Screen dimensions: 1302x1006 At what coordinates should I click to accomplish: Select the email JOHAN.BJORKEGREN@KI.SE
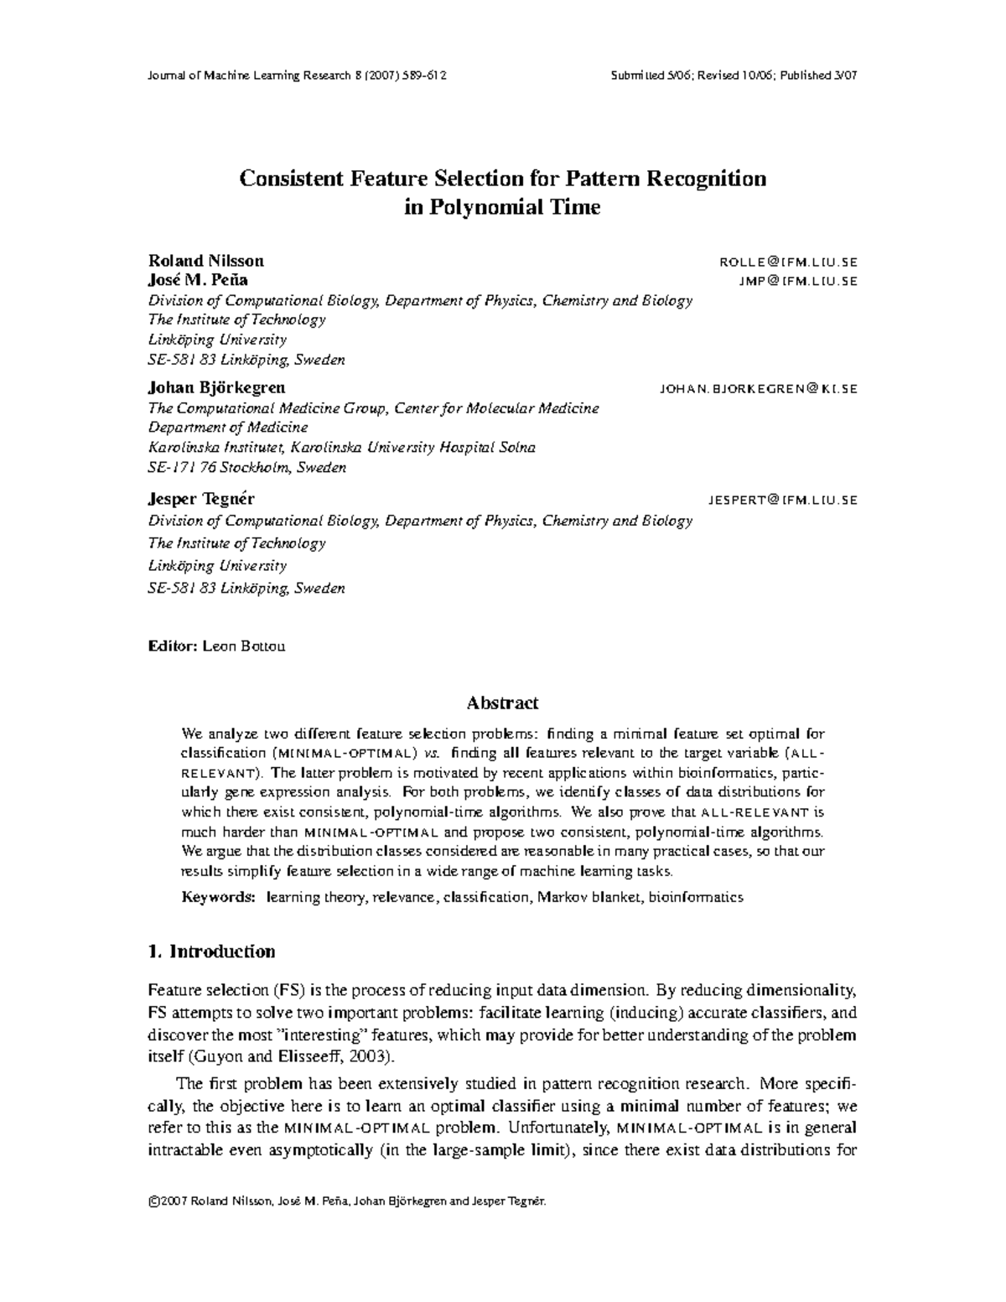pos(758,389)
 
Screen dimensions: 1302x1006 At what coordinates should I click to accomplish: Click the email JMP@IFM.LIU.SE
pos(797,281)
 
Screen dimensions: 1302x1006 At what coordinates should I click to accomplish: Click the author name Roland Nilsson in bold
pos(205,261)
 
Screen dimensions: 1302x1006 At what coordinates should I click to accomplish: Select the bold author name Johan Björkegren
pos(216,388)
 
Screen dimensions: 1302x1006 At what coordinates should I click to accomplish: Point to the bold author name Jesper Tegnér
pos(201,499)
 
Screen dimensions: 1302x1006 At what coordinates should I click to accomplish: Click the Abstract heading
pos(502,703)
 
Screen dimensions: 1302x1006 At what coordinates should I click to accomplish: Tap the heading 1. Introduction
pos(210,952)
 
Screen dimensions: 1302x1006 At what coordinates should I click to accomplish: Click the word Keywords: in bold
pos(219,897)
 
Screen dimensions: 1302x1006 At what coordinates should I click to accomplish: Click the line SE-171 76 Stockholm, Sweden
pos(246,468)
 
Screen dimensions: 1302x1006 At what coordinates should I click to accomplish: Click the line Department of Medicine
pos(228,428)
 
